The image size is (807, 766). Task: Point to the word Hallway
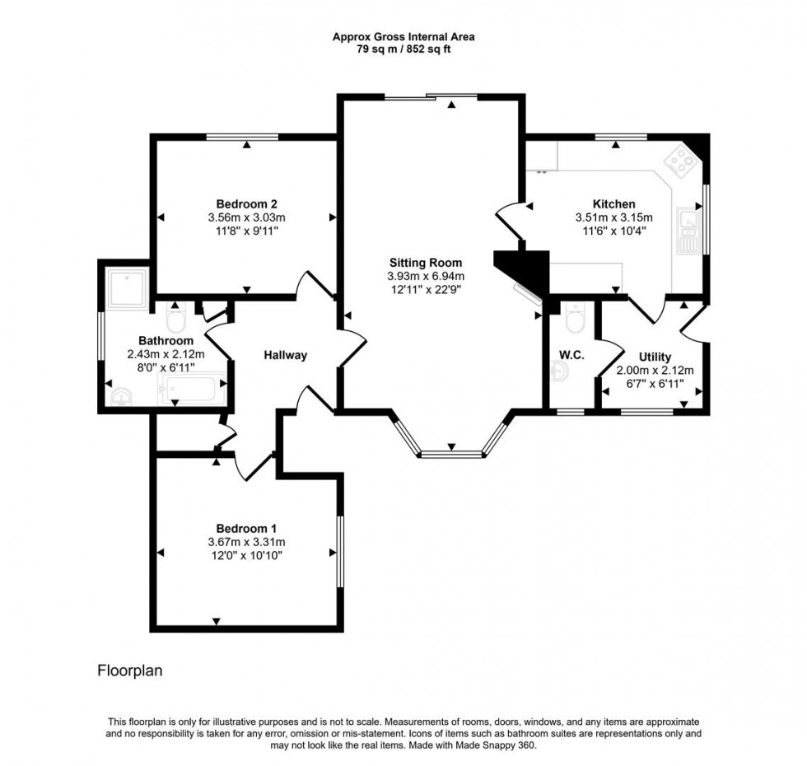click(285, 355)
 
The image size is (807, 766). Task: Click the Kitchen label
click(613, 204)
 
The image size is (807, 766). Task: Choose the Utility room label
click(655, 357)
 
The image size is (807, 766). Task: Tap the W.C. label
click(571, 355)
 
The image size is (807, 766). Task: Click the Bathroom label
click(166, 340)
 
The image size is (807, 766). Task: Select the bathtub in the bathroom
click(194, 389)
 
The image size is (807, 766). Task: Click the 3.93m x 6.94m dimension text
click(426, 276)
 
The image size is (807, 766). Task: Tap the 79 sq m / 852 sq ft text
click(403, 49)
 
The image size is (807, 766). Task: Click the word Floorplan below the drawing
click(130, 670)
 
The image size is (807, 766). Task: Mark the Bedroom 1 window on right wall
click(339, 551)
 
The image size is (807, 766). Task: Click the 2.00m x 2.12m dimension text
click(655, 370)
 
